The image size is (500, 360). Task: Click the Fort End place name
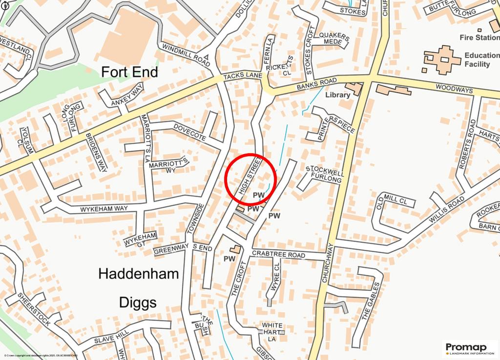pyautogui.click(x=129, y=72)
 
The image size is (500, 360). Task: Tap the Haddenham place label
pyautogui.click(x=139, y=274)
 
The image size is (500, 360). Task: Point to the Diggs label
pyautogui.click(x=138, y=302)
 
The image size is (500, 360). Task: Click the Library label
pyautogui.click(x=337, y=95)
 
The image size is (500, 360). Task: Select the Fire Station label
pyautogui.click(x=479, y=37)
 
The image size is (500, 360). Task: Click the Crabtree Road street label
pyautogui.click(x=278, y=255)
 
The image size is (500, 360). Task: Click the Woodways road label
pyautogui.click(x=454, y=89)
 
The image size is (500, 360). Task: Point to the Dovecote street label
pyautogui.click(x=190, y=132)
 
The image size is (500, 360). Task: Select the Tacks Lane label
pyautogui.click(x=243, y=78)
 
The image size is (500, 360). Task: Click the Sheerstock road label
pyautogui.click(x=34, y=309)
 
